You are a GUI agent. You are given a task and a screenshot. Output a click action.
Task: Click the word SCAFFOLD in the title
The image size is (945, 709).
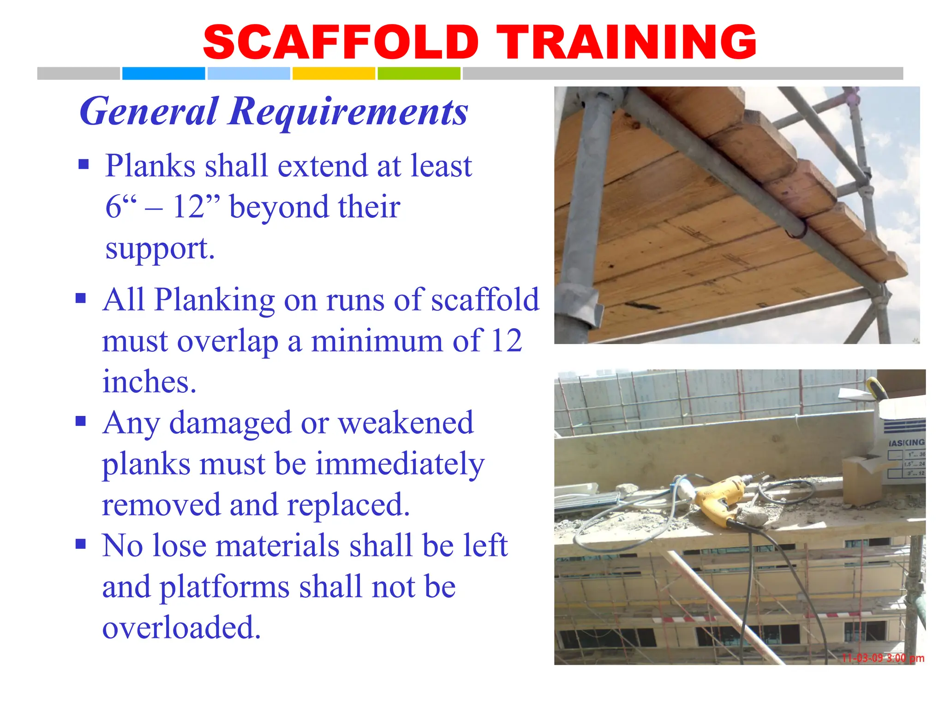(x=341, y=42)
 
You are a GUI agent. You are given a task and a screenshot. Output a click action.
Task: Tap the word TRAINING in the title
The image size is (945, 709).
(x=626, y=42)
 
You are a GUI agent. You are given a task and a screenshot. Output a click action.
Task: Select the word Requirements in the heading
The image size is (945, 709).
(x=348, y=112)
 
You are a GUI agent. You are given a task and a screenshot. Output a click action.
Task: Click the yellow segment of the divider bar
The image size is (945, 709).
(x=334, y=73)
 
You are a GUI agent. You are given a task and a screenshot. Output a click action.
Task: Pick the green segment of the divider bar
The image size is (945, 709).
(x=419, y=73)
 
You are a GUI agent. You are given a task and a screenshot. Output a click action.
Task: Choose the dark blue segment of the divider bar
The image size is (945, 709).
(x=163, y=73)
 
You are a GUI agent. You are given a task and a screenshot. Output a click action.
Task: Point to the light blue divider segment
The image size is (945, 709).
(x=249, y=73)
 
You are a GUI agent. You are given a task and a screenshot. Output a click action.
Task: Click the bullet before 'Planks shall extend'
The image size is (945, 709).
(x=84, y=164)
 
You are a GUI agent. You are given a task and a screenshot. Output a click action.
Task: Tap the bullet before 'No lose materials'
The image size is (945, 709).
(x=81, y=544)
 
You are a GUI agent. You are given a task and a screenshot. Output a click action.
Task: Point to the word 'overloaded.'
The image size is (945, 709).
(x=181, y=627)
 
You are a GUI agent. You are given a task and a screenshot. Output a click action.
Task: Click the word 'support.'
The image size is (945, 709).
(x=160, y=248)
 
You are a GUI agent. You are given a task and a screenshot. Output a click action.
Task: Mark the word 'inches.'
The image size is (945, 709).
(x=150, y=382)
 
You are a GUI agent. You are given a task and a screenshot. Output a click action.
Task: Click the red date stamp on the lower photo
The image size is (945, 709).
(x=883, y=658)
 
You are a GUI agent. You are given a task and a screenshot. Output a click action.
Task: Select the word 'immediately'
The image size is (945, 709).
(x=400, y=464)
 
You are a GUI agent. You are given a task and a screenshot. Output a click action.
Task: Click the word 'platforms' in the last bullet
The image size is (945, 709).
(x=225, y=587)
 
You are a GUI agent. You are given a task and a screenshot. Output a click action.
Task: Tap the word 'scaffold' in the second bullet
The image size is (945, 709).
(x=484, y=300)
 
